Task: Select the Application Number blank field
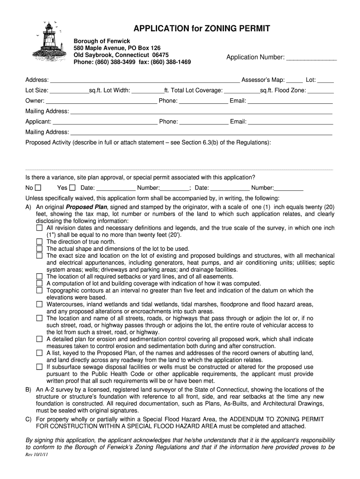pos(311,58)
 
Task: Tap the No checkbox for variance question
pos(38,188)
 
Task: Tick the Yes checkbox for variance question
pos(72,188)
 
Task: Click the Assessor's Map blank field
pos(294,80)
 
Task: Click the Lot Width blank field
pos(148,91)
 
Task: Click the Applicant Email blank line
pos(290,122)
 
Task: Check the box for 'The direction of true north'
pos(40,242)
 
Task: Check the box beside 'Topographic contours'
pos(40,290)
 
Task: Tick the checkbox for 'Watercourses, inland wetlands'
pos(40,305)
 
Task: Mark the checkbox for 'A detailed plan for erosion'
pos(40,339)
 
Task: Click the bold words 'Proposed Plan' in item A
pos(87,207)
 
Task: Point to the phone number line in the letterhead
pos(132,62)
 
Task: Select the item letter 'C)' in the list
pos(29,419)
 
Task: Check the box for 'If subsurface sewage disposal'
pos(40,367)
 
